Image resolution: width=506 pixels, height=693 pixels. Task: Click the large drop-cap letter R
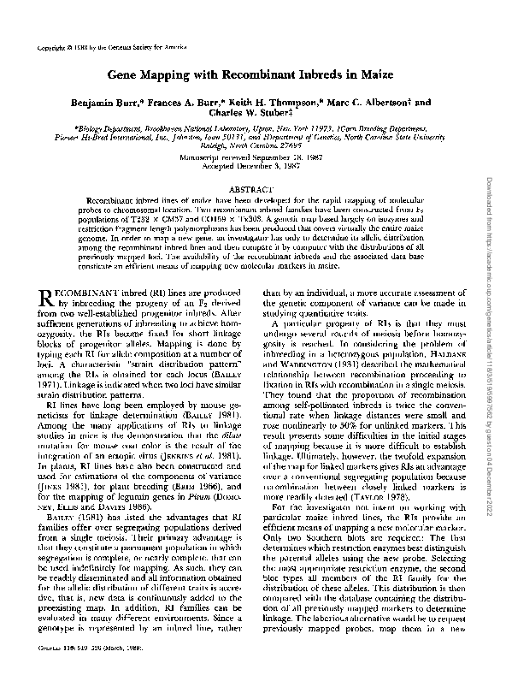click(x=49, y=299)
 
